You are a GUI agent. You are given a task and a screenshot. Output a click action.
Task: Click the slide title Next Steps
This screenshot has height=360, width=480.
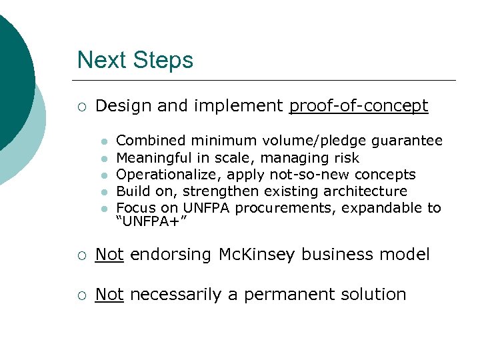pos(135,60)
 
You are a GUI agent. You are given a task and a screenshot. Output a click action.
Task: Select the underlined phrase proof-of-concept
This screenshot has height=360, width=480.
pos(359,106)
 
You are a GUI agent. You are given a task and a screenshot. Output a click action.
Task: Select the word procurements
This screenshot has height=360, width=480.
pos(295,208)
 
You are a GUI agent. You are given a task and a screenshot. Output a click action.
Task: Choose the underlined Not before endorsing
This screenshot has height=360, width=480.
pos(109,254)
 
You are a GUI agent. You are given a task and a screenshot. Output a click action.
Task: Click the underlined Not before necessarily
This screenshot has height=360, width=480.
pos(109,294)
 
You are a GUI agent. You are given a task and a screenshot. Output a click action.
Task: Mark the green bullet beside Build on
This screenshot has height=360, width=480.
pos(103,192)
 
